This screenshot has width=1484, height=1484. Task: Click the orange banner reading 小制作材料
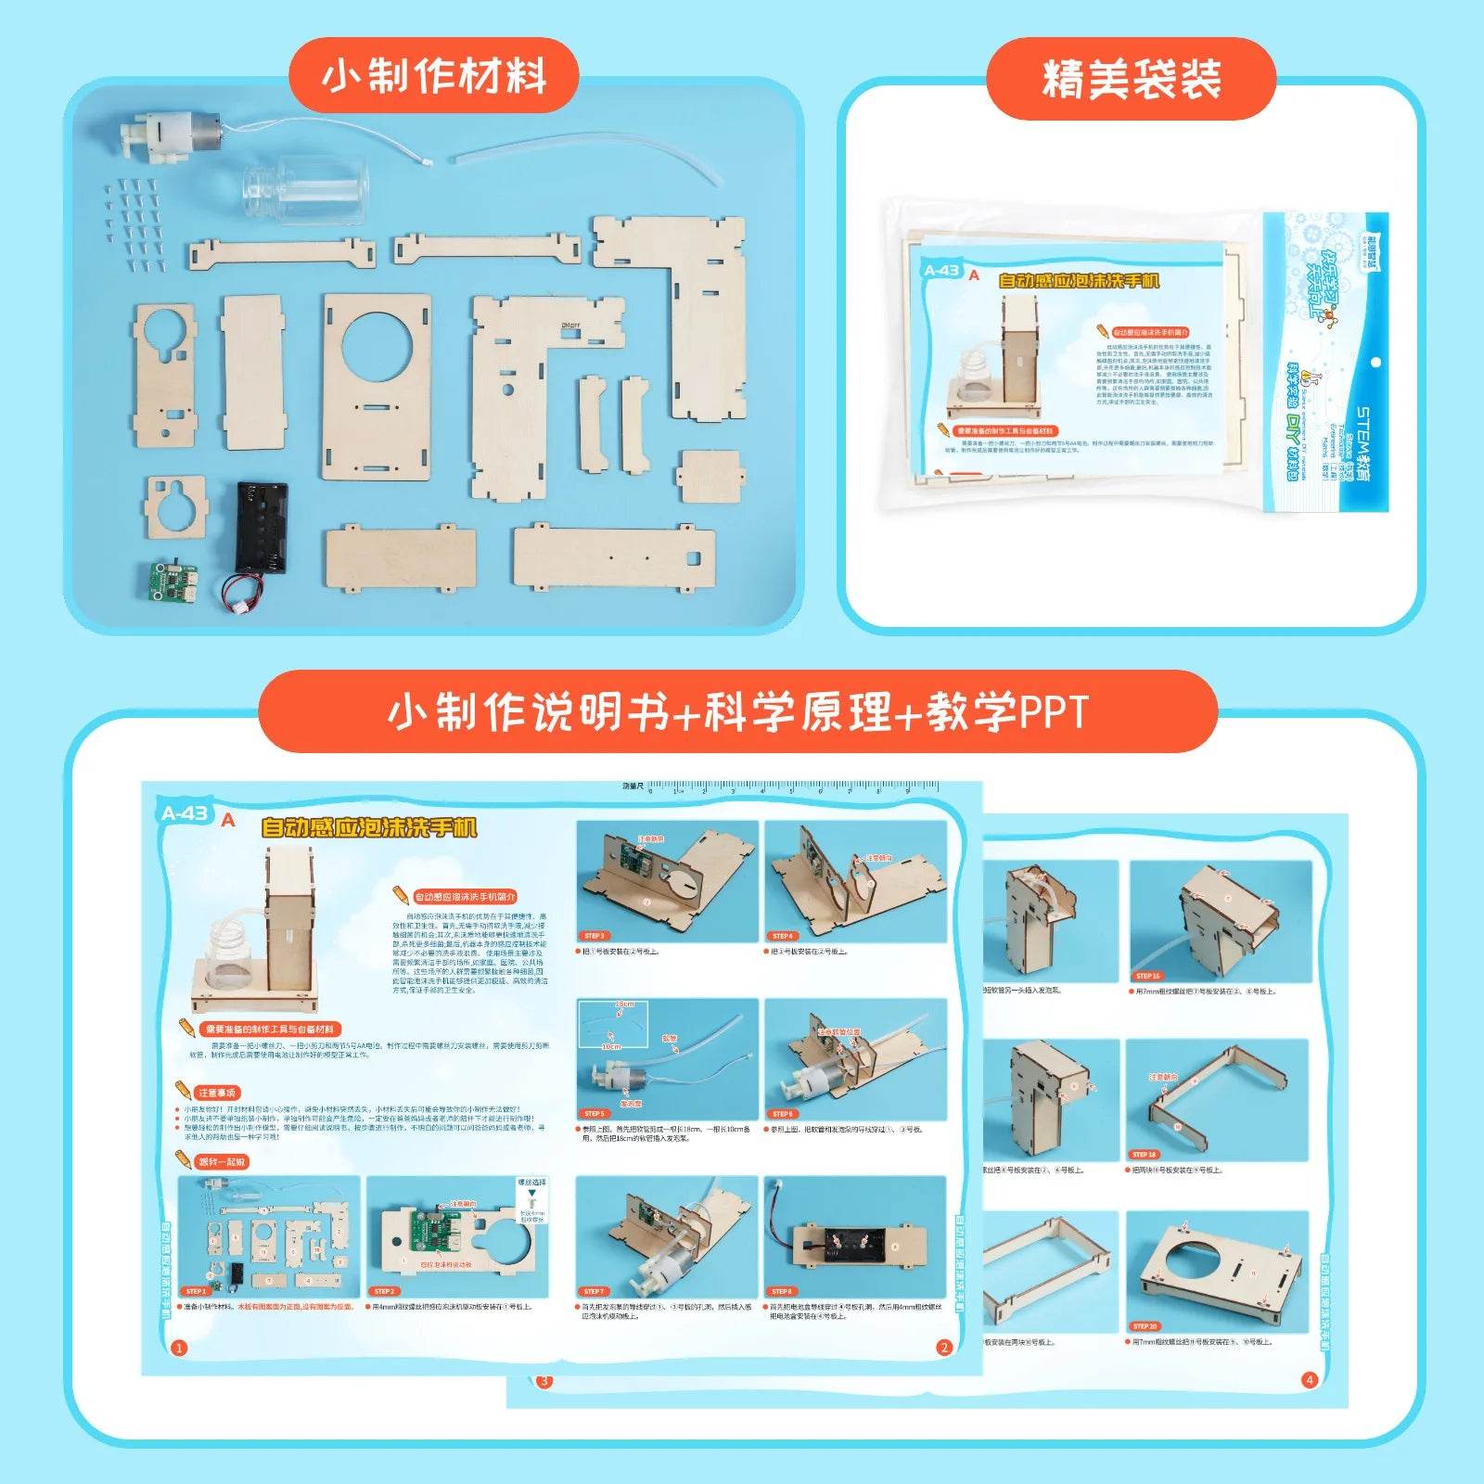[x=434, y=76]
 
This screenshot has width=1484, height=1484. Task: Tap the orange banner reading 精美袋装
[x=1131, y=80]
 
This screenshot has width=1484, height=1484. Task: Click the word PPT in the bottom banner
[x=1053, y=713]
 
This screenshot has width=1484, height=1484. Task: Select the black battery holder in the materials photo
[x=261, y=527]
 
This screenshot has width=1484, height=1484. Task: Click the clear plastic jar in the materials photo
[x=306, y=189]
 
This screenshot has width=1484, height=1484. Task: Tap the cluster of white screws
[x=135, y=223]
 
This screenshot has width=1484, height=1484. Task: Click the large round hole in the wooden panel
[x=377, y=343]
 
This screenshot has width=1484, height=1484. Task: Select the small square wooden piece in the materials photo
[x=710, y=476]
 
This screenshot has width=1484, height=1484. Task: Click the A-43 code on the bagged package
[x=941, y=271]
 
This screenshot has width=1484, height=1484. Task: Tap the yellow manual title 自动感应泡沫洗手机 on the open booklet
[x=369, y=827]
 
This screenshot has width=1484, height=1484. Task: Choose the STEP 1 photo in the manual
[x=269, y=1236]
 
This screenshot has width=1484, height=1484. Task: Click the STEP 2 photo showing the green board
[x=456, y=1236]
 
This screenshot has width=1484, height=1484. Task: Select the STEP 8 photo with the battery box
[x=854, y=1236]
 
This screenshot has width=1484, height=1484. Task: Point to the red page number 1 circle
[x=180, y=1348]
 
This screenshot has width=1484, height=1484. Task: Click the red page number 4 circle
[x=1310, y=1379]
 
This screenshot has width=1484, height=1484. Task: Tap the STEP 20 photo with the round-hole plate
[x=1217, y=1271]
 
